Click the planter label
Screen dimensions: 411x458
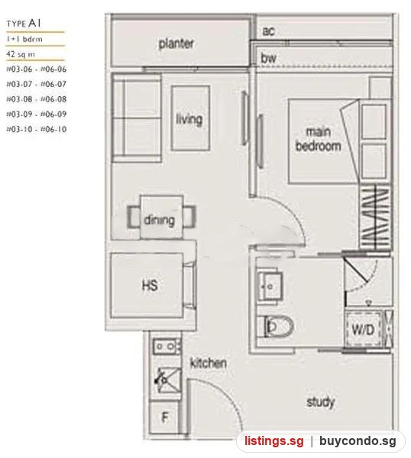click(x=176, y=44)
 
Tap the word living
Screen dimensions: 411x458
click(x=189, y=119)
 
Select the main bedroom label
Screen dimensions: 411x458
click(x=319, y=139)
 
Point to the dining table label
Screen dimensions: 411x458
click(x=160, y=220)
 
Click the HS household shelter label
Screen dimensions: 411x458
click(x=150, y=285)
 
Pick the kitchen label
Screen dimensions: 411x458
click(x=209, y=363)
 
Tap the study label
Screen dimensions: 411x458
click(x=321, y=402)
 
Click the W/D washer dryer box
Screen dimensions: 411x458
click(x=364, y=330)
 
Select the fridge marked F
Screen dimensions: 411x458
click(x=164, y=418)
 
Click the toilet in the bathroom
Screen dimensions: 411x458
click(x=279, y=326)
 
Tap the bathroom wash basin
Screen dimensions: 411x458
click(x=270, y=286)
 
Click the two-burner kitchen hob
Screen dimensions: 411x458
click(x=166, y=347)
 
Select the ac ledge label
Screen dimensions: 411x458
click(x=268, y=31)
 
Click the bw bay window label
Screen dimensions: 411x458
click(x=268, y=58)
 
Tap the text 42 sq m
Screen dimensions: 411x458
click(x=21, y=54)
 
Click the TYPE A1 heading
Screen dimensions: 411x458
click(x=24, y=24)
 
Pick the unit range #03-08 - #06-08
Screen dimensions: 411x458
click(x=37, y=99)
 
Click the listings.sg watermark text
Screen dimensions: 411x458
click(x=274, y=440)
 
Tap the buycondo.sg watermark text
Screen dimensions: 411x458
click(x=358, y=440)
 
